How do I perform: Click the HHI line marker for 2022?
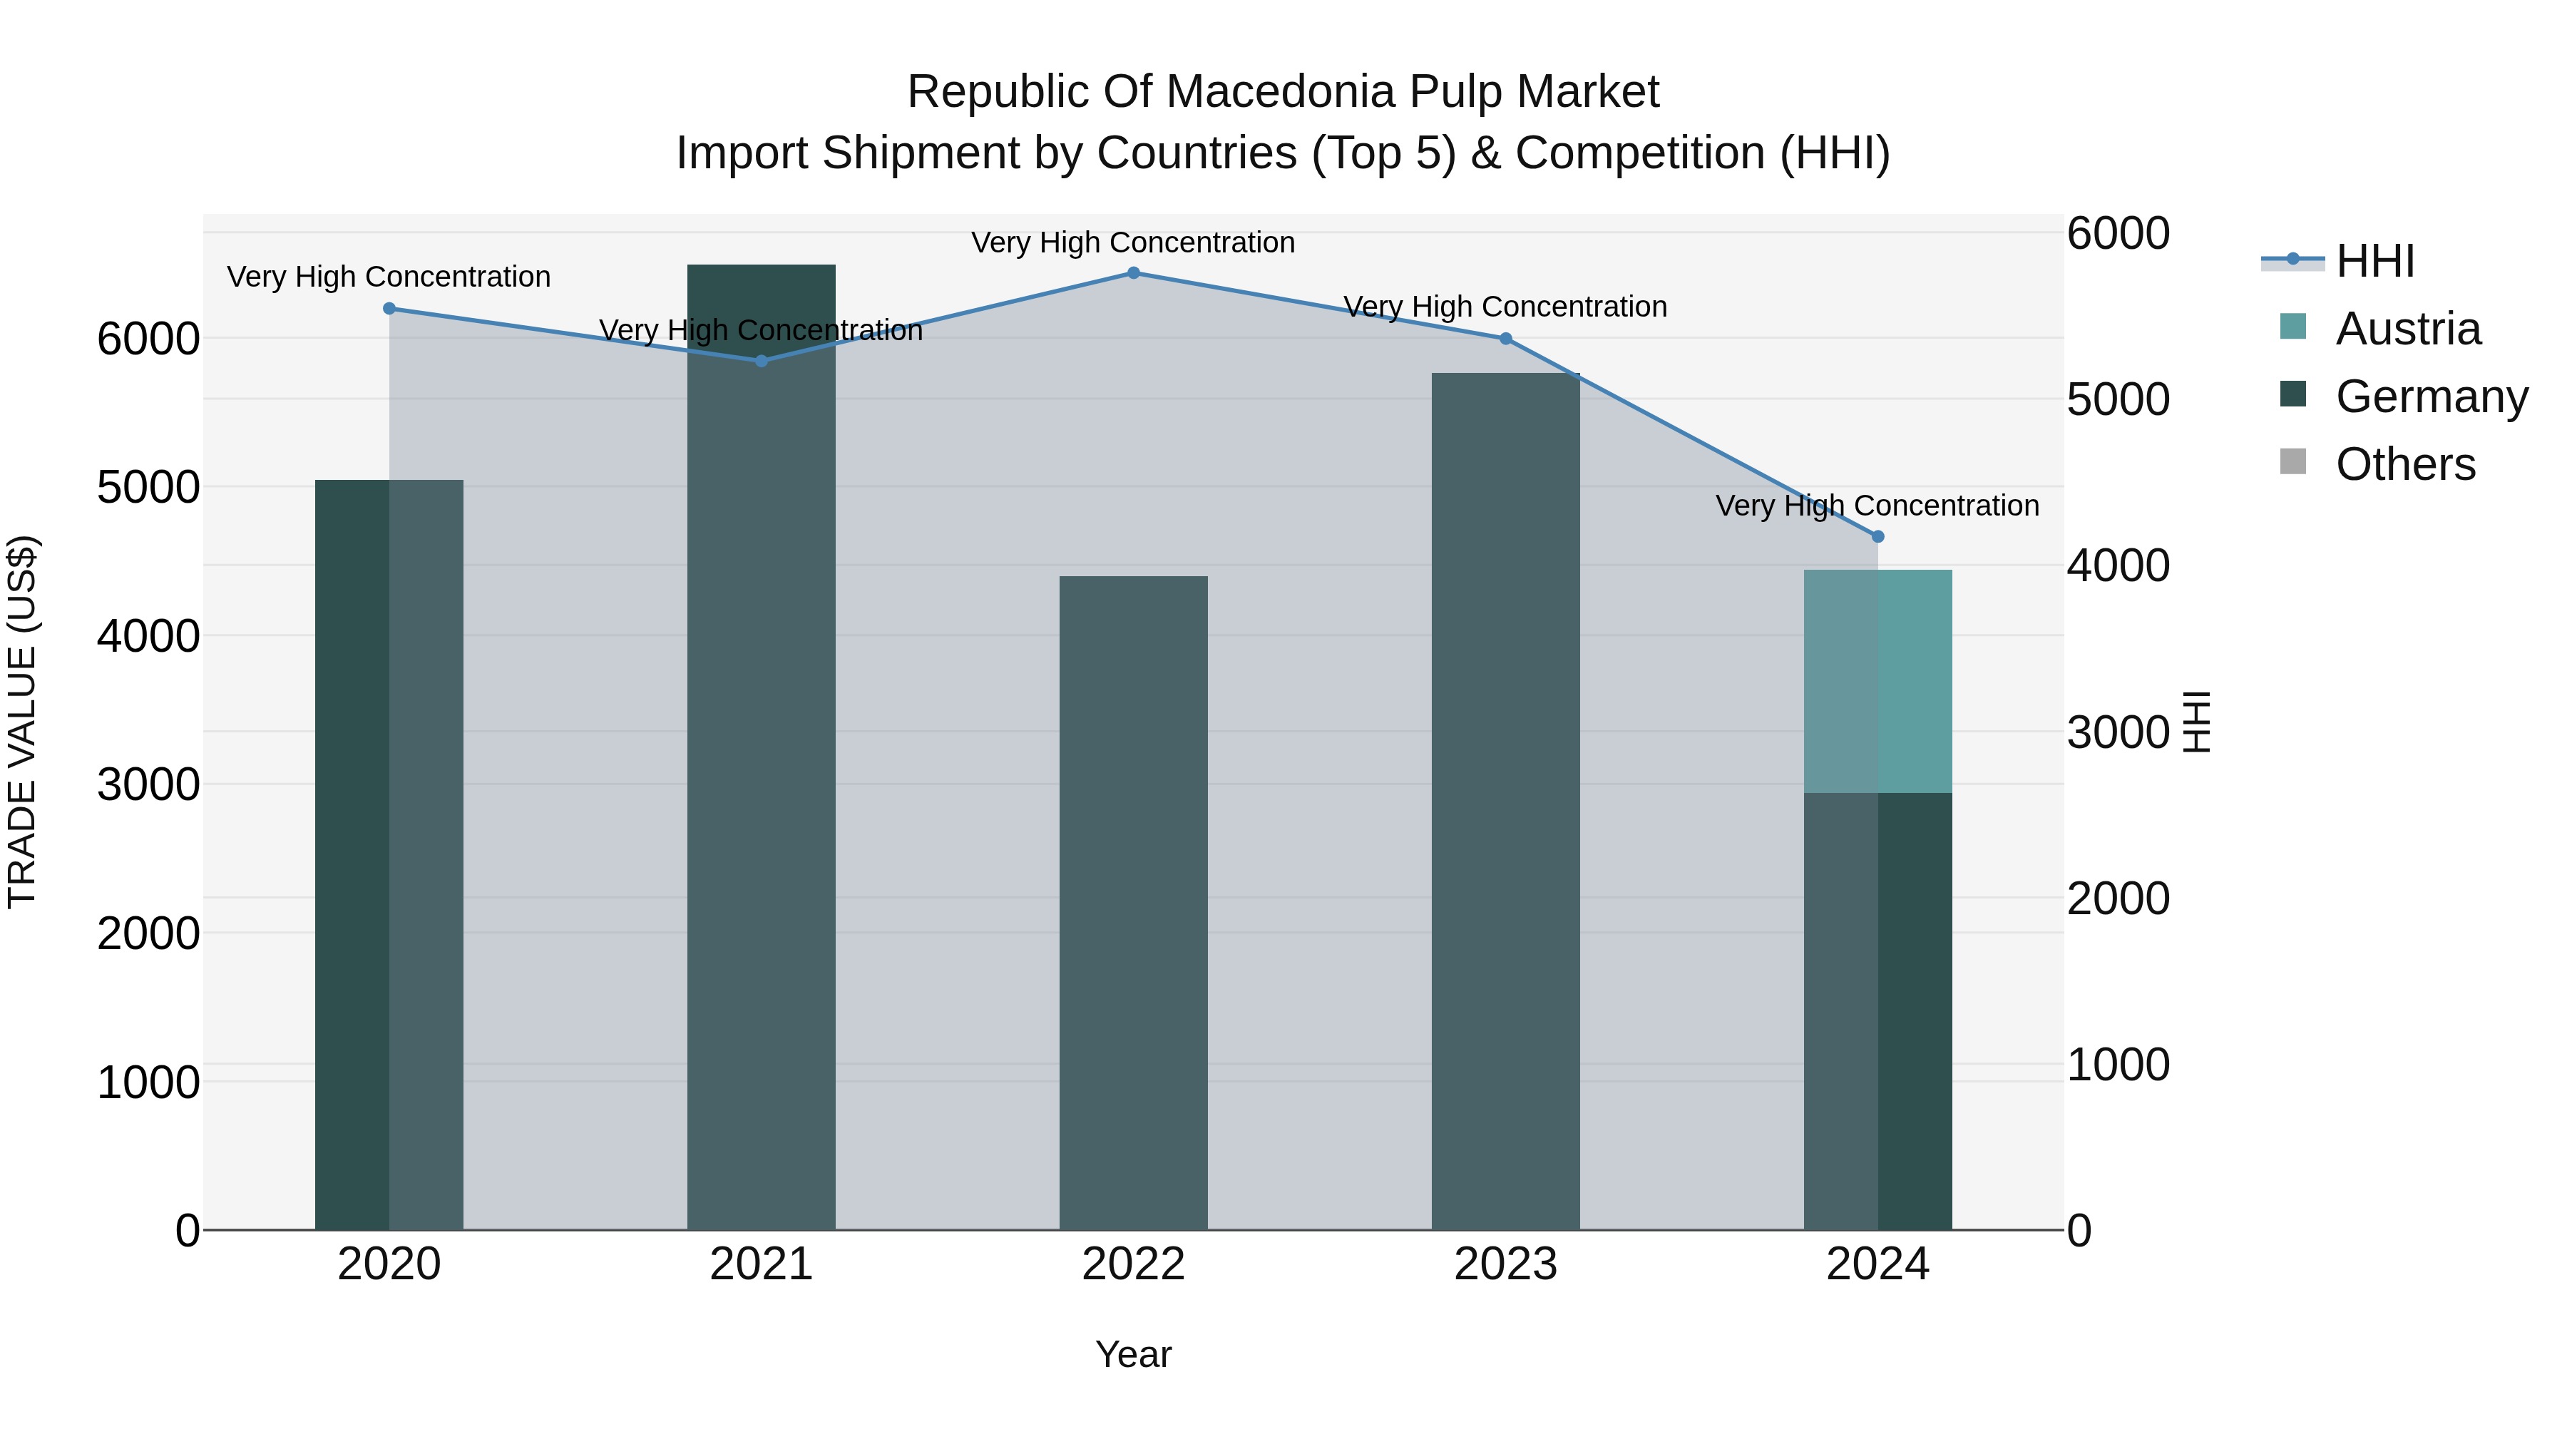pyautogui.click(x=1133, y=273)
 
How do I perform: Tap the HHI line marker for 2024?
pyautogui.click(x=1877, y=537)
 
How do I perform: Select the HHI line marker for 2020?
pyautogui.click(x=389, y=309)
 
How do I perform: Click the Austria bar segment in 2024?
pyautogui.click(x=1877, y=682)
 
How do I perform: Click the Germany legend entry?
pyautogui.click(x=2431, y=396)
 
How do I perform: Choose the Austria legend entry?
pyautogui.click(x=2407, y=329)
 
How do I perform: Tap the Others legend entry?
pyautogui.click(x=2404, y=464)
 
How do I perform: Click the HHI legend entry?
pyautogui.click(x=2374, y=261)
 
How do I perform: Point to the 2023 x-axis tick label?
pyautogui.click(x=1505, y=1264)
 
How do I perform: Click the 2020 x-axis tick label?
pyautogui.click(x=389, y=1264)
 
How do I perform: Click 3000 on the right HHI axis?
pyautogui.click(x=2118, y=732)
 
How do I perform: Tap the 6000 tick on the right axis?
pyautogui.click(x=2118, y=234)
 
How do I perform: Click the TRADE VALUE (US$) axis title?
pyautogui.click(x=23, y=722)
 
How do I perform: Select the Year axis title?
pyautogui.click(x=1133, y=1354)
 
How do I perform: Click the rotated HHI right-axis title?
pyautogui.click(x=2196, y=722)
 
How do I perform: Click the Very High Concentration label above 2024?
pyautogui.click(x=1877, y=506)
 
